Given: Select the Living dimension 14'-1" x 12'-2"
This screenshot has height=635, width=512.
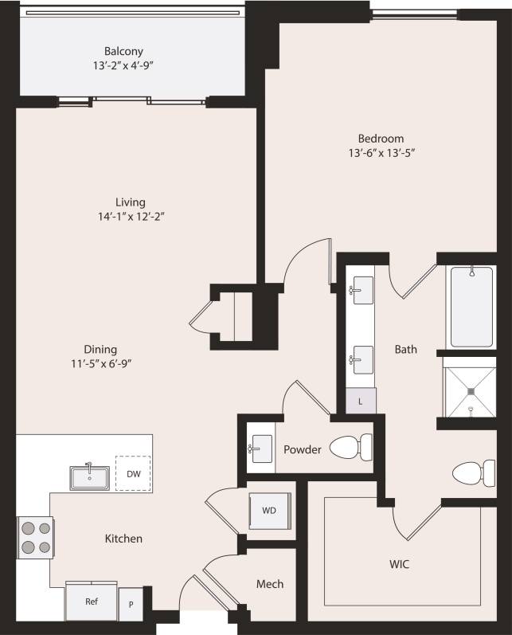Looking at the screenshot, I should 129,216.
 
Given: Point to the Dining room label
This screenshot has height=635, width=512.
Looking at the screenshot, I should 100,349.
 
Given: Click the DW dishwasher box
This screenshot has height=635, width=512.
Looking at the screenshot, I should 133,474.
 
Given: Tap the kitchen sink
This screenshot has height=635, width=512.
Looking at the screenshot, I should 89,476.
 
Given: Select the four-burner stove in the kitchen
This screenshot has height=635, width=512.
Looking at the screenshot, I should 35,538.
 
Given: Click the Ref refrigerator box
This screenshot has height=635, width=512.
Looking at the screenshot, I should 91,602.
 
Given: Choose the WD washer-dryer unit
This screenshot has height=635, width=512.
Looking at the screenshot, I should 270,510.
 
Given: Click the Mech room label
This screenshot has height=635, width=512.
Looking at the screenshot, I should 269,584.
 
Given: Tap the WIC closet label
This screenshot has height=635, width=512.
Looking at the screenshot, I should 400,564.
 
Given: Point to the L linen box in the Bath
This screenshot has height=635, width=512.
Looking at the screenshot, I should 360,401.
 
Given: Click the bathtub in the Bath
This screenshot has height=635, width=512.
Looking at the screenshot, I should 471,307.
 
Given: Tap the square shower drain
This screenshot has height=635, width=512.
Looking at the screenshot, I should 471,390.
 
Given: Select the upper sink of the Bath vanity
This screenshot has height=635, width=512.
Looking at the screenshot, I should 362,287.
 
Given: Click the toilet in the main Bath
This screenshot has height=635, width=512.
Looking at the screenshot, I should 474,474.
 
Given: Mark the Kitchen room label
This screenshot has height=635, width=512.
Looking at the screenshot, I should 124,539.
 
